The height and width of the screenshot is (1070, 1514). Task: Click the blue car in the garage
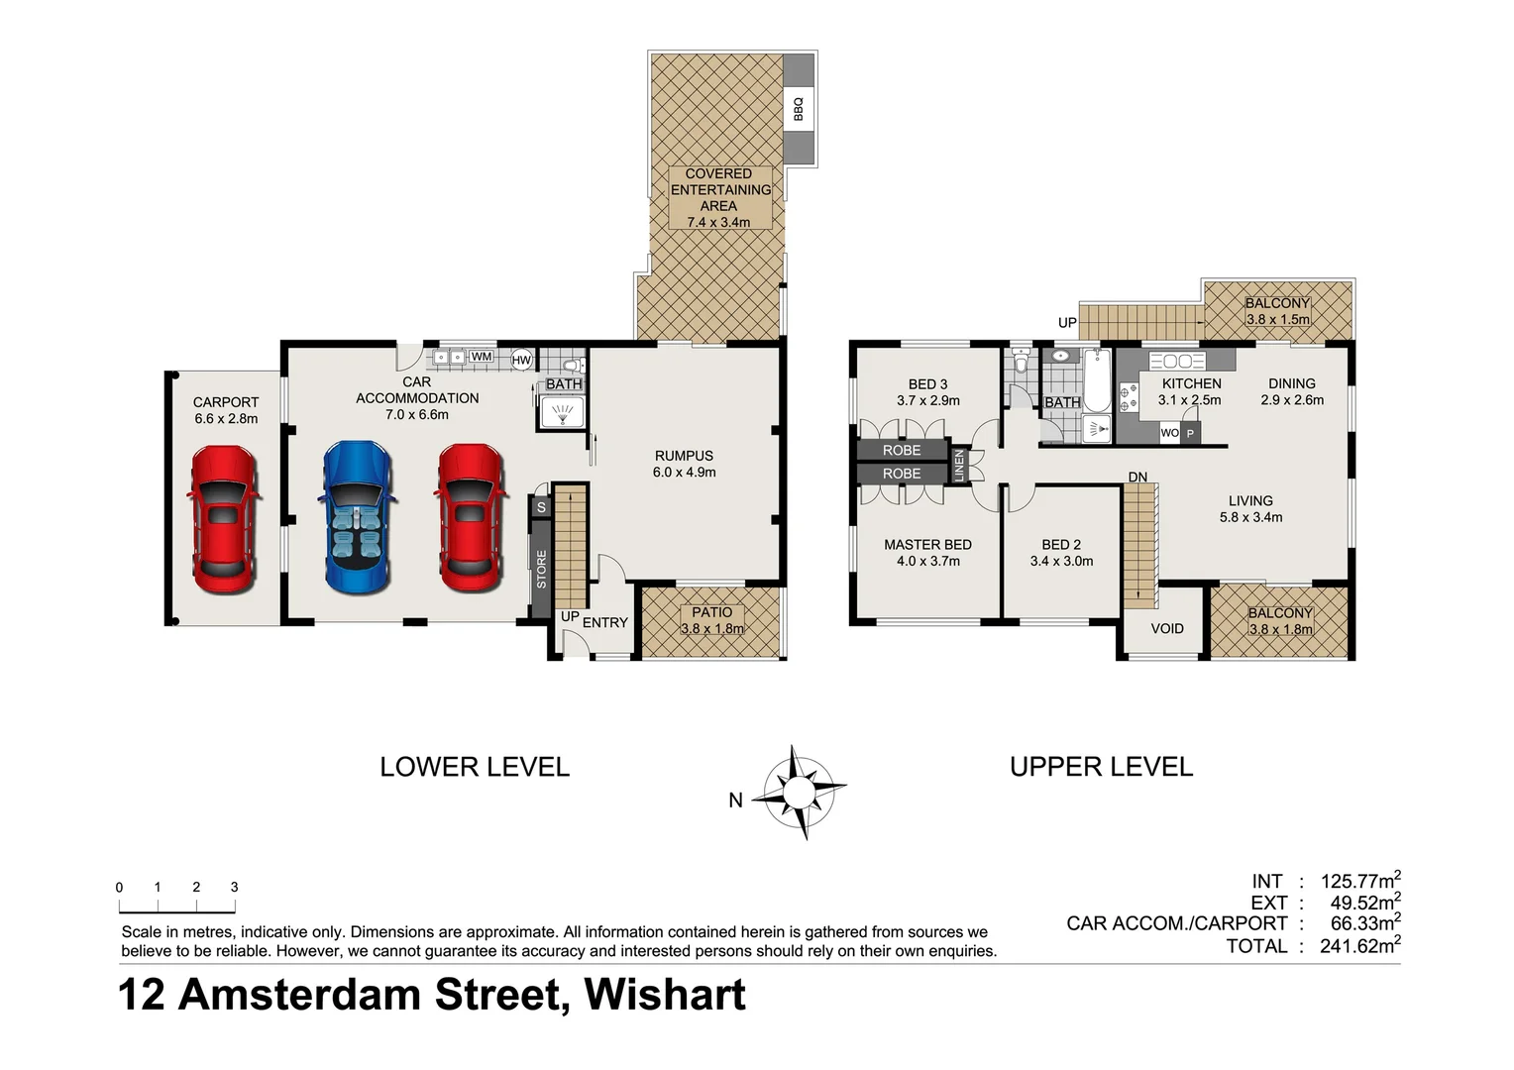click(x=359, y=518)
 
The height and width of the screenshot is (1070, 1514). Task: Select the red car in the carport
click(x=224, y=519)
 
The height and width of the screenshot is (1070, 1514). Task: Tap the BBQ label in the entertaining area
click(x=798, y=108)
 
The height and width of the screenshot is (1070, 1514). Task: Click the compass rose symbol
click(x=799, y=793)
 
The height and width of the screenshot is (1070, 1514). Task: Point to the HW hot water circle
click(x=521, y=360)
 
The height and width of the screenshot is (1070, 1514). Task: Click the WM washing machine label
click(x=482, y=357)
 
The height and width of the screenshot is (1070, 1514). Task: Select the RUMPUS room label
click(x=684, y=456)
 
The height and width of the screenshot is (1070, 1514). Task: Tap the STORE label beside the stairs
click(x=541, y=570)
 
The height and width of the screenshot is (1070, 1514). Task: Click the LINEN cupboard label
click(x=958, y=466)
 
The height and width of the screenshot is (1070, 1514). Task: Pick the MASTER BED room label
click(x=927, y=544)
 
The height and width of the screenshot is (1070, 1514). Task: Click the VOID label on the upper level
click(x=1166, y=628)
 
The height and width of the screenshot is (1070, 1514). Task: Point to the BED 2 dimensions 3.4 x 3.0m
click(x=1061, y=561)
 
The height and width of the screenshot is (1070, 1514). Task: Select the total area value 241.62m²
click(x=1358, y=945)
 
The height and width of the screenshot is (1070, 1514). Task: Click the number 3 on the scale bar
click(x=234, y=887)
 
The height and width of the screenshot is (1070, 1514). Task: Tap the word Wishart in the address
click(x=665, y=995)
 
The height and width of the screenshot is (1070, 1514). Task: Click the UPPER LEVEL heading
click(x=1101, y=767)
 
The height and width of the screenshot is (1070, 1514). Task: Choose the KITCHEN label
click(x=1191, y=383)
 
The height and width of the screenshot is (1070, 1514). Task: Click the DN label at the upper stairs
click(x=1137, y=478)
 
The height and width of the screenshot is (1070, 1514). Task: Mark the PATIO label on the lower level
click(x=711, y=612)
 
